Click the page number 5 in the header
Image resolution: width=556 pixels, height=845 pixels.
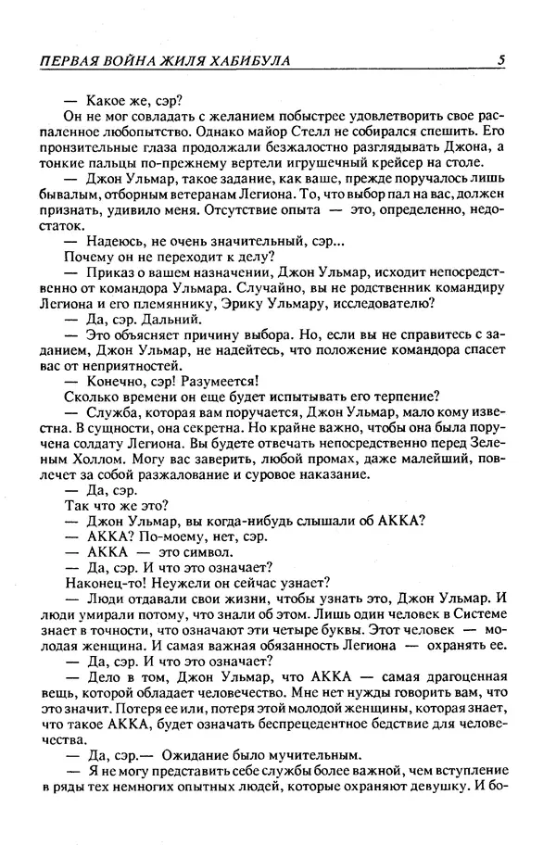(500, 60)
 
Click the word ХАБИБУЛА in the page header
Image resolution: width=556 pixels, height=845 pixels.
(247, 60)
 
